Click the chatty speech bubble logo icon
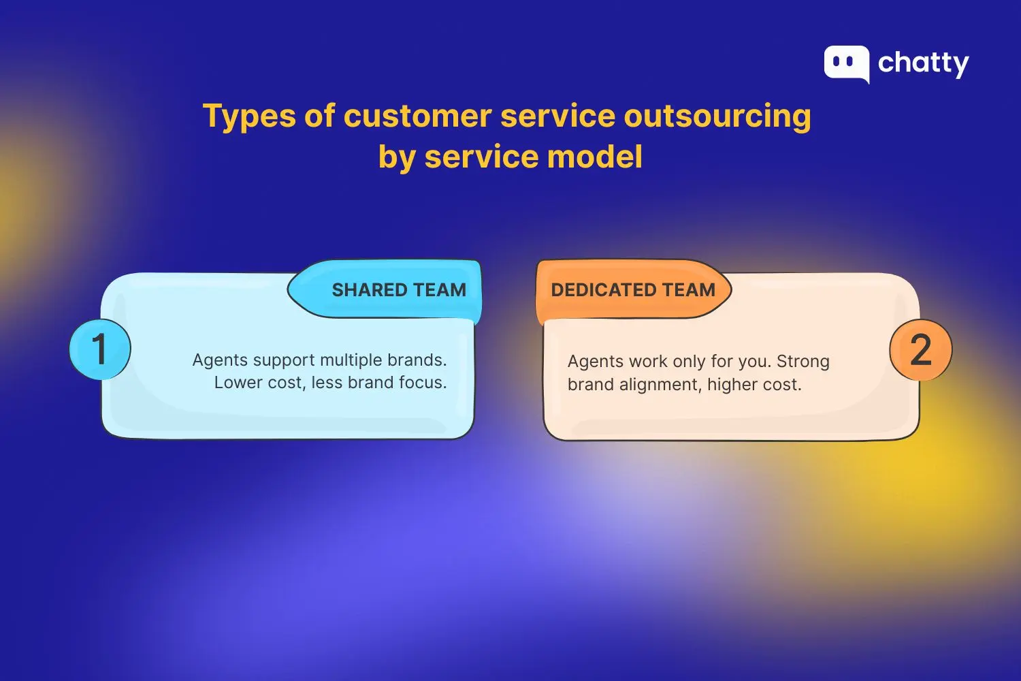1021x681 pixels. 846,63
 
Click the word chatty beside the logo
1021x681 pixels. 923,63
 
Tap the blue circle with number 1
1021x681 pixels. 99,349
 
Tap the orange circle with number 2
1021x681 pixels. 920,350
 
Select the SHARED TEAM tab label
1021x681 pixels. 399,290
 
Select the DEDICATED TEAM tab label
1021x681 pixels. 633,290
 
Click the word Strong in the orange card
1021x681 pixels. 803,362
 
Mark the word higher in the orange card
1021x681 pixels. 732,385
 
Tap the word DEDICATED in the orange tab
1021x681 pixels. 604,290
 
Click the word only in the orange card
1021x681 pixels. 689,362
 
